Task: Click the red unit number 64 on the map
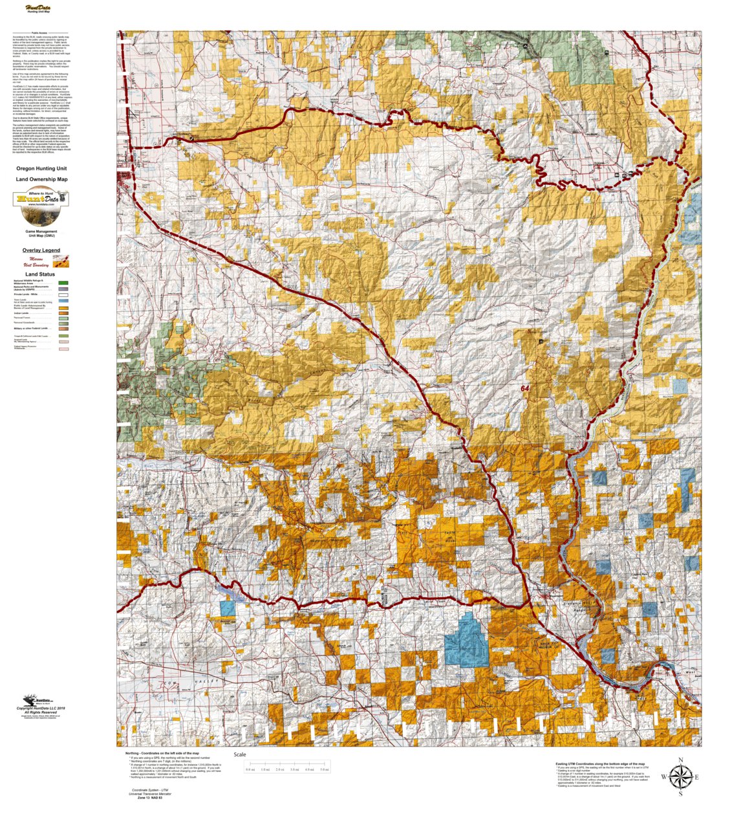pos(524,389)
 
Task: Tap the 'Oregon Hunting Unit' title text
pos(41,168)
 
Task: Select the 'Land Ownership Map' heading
pos(41,179)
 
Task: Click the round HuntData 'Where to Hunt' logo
pos(41,199)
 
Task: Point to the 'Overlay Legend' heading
pos(41,250)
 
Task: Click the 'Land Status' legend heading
pos(39,274)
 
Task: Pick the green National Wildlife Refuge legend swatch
pos(63,283)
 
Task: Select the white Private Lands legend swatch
pos(63,294)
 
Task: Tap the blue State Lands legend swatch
pos(63,301)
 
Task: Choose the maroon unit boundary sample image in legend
pos(61,261)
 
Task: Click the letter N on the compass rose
pos(680,760)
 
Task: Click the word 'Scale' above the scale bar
pos(240,754)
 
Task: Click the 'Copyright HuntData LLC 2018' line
pos(45,708)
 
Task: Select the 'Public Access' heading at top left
pos(39,32)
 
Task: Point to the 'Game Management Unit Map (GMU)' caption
pos(41,233)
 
